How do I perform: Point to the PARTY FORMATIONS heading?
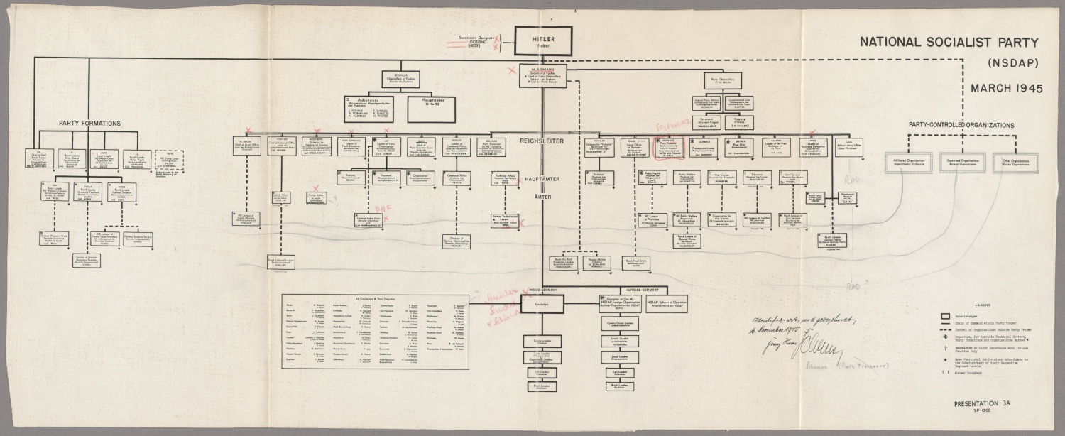tap(89, 124)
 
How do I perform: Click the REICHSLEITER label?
tap(542, 141)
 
